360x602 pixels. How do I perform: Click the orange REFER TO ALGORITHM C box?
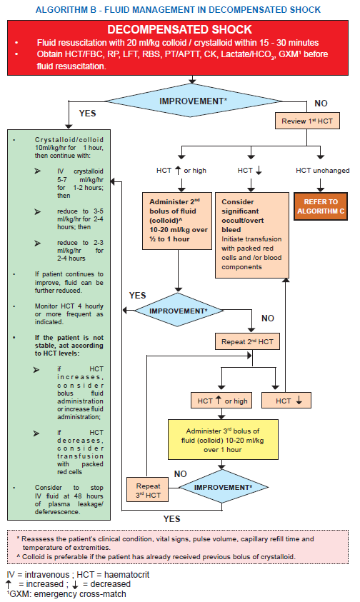(321, 206)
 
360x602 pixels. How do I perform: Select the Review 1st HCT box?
(307, 121)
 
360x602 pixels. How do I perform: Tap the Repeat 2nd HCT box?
(247, 341)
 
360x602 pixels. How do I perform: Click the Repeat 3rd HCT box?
(148, 489)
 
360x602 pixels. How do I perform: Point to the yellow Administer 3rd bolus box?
(223, 440)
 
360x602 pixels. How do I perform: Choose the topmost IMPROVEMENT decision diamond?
(194, 101)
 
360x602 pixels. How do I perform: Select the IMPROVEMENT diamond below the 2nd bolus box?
(179, 310)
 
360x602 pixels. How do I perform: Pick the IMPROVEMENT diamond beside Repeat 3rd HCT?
(223, 487)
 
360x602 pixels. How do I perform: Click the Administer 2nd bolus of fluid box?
(178, 221)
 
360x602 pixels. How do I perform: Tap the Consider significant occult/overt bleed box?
(251, 235)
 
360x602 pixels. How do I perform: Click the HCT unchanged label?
(322, 171)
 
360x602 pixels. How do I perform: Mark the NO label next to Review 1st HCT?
(321, 104)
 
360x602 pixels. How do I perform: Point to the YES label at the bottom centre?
(171, 518)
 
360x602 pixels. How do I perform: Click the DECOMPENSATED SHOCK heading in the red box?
(179, 29)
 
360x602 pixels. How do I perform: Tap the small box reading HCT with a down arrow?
(286, 401)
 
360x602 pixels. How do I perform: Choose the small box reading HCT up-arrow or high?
(221, 401)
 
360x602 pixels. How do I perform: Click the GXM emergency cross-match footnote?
(66, 594)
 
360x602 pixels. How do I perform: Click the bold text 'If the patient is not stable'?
(69, 338)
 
